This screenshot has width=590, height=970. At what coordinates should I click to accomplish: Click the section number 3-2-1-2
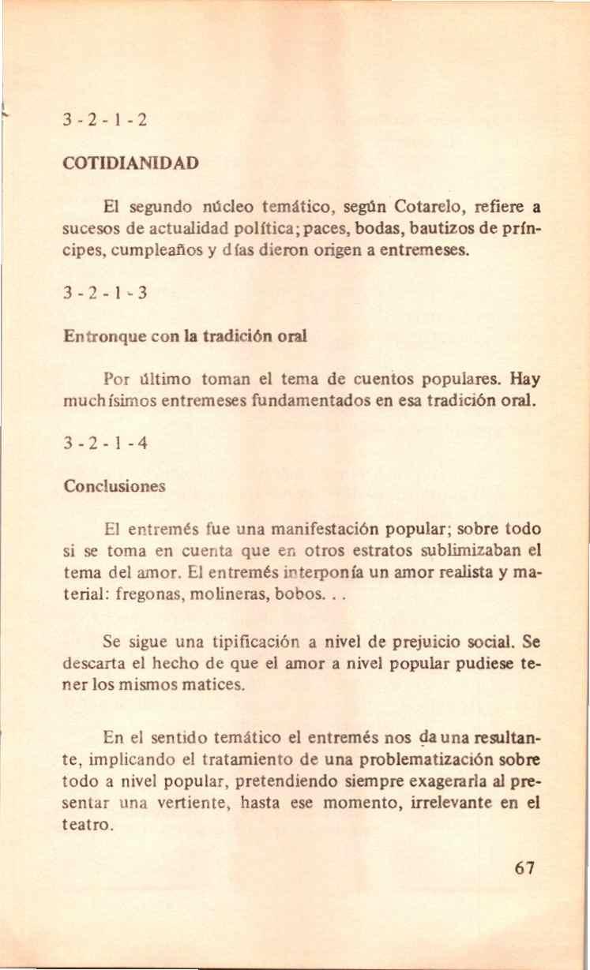point(105,122)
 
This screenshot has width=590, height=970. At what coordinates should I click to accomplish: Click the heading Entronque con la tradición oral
point(185,335)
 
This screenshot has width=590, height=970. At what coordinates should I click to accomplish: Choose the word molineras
point(251,594)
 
